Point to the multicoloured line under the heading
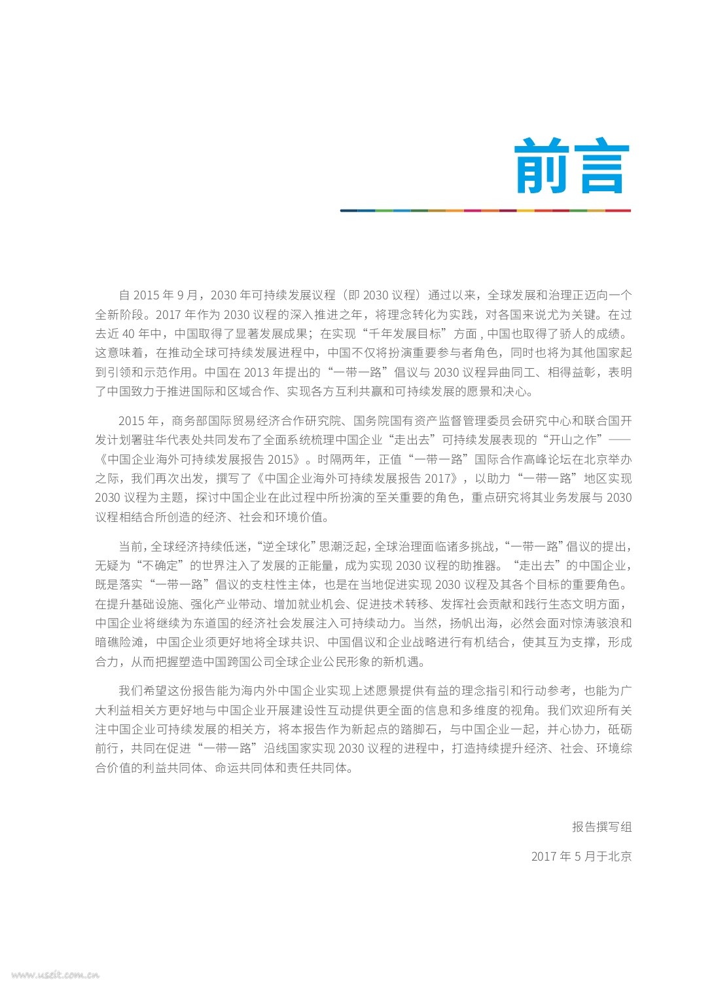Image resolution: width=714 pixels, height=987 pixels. click(485, 210)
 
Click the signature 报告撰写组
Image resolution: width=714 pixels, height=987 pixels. click(601, 827)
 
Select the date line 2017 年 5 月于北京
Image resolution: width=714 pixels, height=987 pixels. click(581, 856)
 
